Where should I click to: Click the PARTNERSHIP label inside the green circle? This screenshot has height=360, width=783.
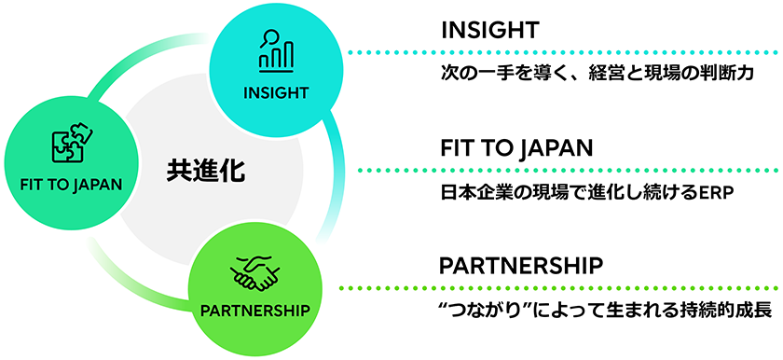pyautogui.click(x=254, y=309)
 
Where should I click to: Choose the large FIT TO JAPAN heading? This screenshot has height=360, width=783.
pyautogui.click(x=516, y=148)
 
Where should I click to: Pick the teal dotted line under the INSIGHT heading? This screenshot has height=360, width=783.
pyautogui.click(x=559, y=53)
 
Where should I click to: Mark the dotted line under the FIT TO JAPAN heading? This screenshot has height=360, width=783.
pyautogui.click(x=559, y=171)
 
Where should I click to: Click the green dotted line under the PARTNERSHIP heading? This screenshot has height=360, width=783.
pyautogui.click(x=559, y=287)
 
